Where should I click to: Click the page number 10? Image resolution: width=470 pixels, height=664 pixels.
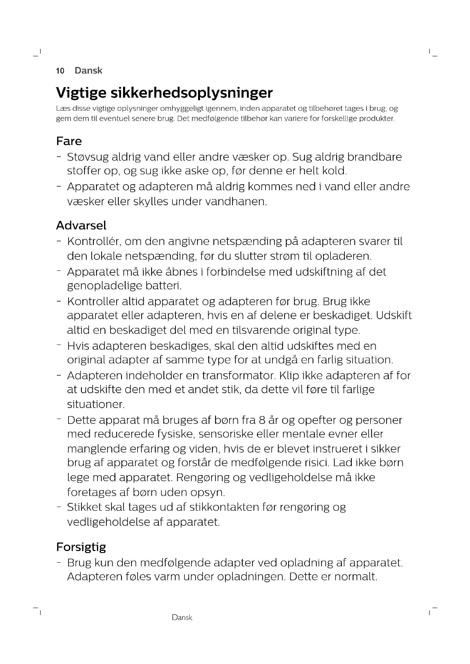coord(60,71)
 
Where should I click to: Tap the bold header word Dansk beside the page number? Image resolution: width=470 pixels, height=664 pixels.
coord(88,71)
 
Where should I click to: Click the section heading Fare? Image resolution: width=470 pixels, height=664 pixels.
coord(69,141)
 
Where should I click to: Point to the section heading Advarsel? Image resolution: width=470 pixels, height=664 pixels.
coord(81,225)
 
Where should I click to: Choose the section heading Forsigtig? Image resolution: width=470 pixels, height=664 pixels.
coord(81,547)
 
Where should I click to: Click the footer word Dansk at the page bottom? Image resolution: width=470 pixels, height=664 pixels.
coord(182,617)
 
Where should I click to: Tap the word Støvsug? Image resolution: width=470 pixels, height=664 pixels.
coord(88,157)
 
